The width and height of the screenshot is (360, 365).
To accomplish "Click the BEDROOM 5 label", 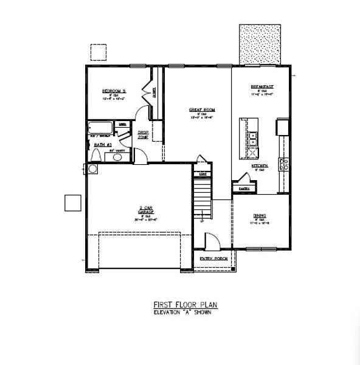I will click(113, 90).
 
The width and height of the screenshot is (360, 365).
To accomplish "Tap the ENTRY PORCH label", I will click(214, 259).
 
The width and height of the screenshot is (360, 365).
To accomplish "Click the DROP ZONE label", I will click(142, 134).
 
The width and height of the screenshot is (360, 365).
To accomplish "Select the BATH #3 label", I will click(102, 145).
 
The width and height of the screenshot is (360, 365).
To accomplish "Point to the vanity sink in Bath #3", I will click(117, 156).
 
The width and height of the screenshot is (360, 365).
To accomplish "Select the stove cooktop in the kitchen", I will click(283, 162).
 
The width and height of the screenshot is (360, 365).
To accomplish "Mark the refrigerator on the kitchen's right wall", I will click(282, 127).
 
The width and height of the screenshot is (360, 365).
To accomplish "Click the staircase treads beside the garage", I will click(202, 198).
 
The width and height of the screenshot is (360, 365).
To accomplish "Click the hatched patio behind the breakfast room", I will click(260, 44).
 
